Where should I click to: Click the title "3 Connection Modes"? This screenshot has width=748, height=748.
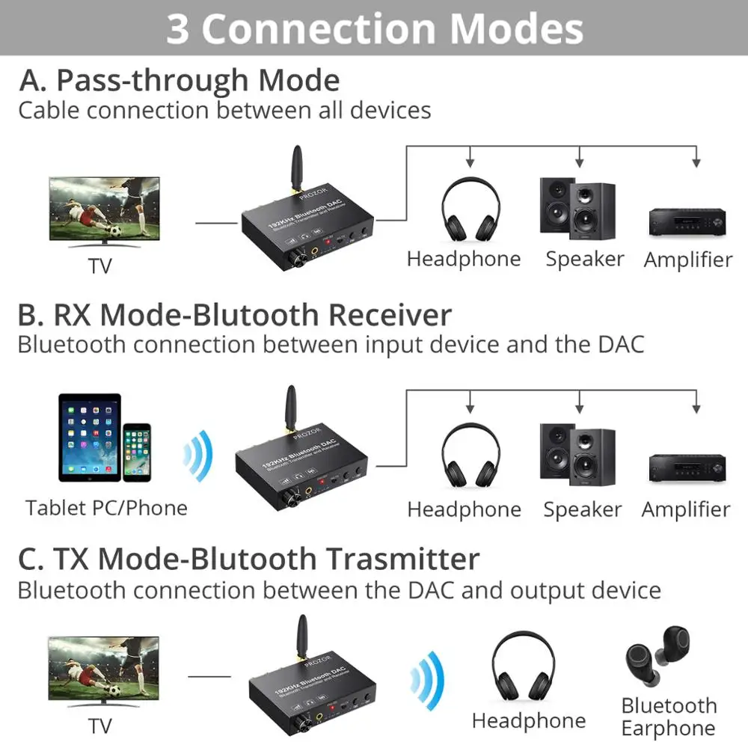tap(374, 28)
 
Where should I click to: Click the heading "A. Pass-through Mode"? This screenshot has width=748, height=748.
tap(180, 80)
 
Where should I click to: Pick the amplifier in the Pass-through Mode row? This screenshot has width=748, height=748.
tap(687, 221)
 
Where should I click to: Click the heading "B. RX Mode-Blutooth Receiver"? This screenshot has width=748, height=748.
tap(234, 315)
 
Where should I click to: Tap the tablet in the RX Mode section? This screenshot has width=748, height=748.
tap(89, 438)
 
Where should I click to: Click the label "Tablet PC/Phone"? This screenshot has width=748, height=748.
tap(106, 508)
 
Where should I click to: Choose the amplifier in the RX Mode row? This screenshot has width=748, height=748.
tap(685, 470)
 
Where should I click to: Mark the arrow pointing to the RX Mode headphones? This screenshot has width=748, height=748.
tap(470, 407)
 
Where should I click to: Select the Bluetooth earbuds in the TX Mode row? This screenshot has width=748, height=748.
tap(667, 659)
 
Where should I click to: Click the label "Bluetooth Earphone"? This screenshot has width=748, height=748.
tap(668, 717)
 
